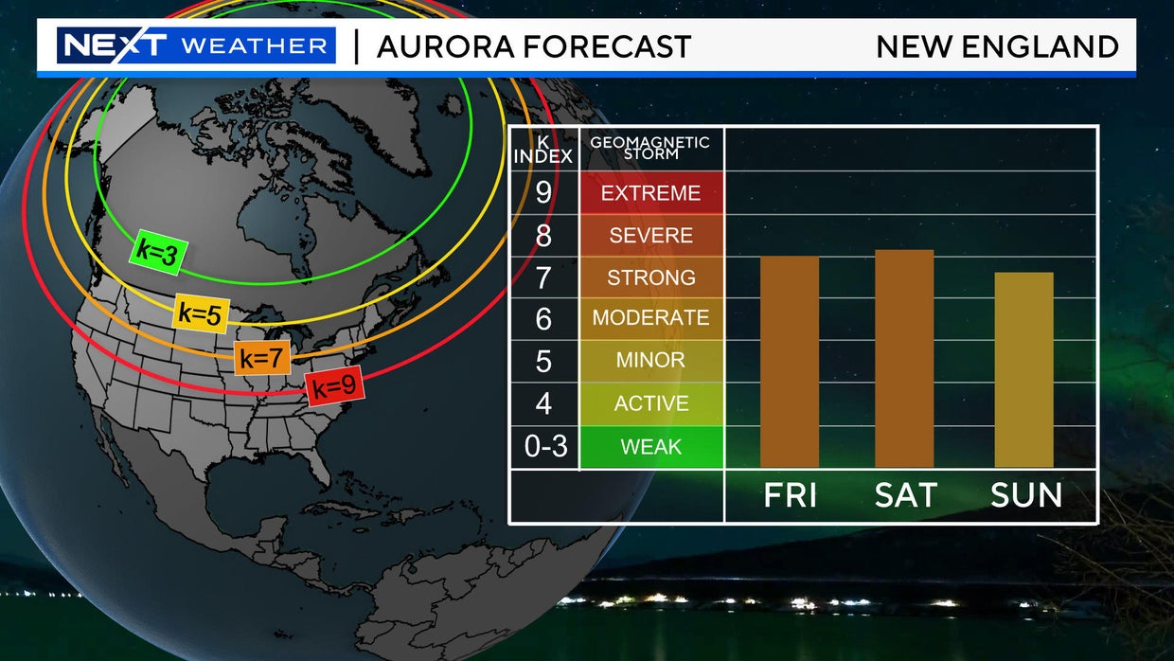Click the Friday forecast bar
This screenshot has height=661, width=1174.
pos(789,362)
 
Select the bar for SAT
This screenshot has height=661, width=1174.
pos(904,359)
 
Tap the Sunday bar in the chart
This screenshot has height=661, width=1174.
pos(1023,369)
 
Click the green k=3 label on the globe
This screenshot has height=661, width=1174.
pos(158,252)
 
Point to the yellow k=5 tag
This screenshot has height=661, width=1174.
pos(201,314)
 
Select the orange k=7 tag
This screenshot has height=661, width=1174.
pos(262,358)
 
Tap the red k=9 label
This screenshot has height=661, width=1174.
pos(335,386)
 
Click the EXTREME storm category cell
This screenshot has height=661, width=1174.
pos(650,193)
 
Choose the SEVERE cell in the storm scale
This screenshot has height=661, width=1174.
pos(650,235)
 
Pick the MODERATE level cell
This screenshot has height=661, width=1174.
pos(650,318)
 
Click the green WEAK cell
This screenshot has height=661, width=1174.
pos(650,446)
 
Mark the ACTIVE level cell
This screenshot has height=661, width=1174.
pos(650,403)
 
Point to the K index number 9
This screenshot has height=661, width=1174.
pos(543,193)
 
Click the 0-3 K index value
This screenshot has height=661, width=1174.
pos(544,446)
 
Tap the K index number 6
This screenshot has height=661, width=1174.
pos(543,319)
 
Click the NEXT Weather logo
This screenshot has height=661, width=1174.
pos(196,45)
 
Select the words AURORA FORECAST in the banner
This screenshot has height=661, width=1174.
pos(534,46)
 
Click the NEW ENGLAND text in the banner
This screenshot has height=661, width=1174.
pos(997,46)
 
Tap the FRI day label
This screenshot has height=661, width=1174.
pos(790,495)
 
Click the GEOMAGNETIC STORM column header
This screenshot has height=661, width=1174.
pos(649,148)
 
